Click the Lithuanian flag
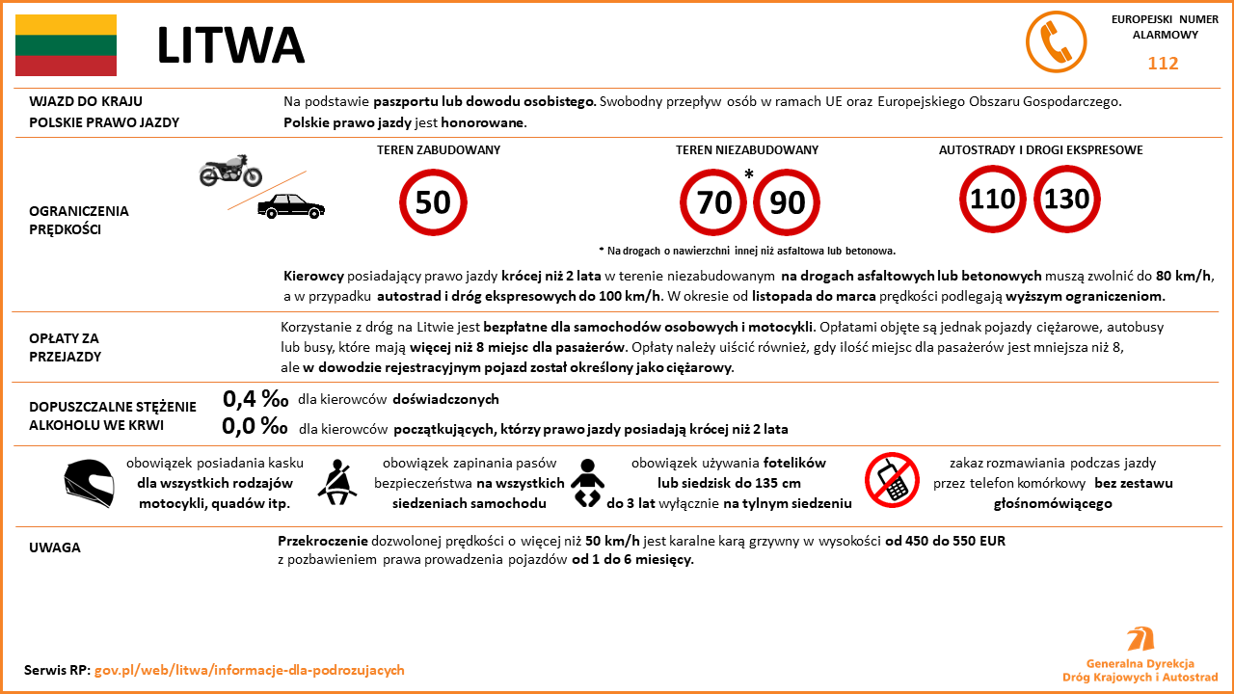[66, 45]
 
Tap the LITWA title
[230, 45]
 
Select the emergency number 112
[1163, 64]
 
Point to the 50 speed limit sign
[433, 201]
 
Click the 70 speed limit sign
[714, 201]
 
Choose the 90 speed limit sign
[787, 201]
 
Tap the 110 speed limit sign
[993, 200]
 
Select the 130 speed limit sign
[1067, 200]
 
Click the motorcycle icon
[230, 172]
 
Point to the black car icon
[291, 205]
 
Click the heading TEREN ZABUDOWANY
[439, 150]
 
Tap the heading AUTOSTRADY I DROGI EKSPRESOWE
[1041, 150]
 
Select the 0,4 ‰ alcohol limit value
[255, 399]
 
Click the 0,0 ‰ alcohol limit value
[255, 426]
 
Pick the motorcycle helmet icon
[89, 483]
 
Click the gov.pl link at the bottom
[249, 670]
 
